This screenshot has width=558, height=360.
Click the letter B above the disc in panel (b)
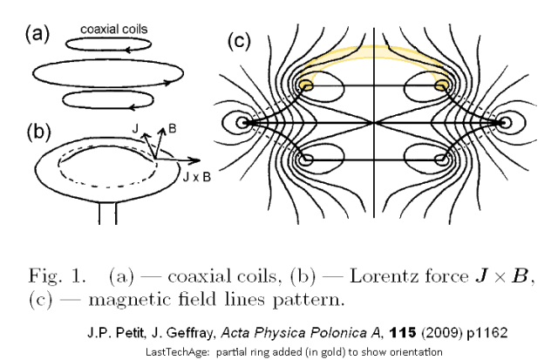[173, 127]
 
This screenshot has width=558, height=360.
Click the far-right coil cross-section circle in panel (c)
[504, 123]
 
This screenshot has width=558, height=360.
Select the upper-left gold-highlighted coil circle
[307, 85]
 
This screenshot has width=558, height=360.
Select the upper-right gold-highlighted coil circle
[441, 85]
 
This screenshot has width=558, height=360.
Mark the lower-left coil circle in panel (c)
[307, 160]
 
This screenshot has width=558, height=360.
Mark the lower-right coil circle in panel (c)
[441, 160]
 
